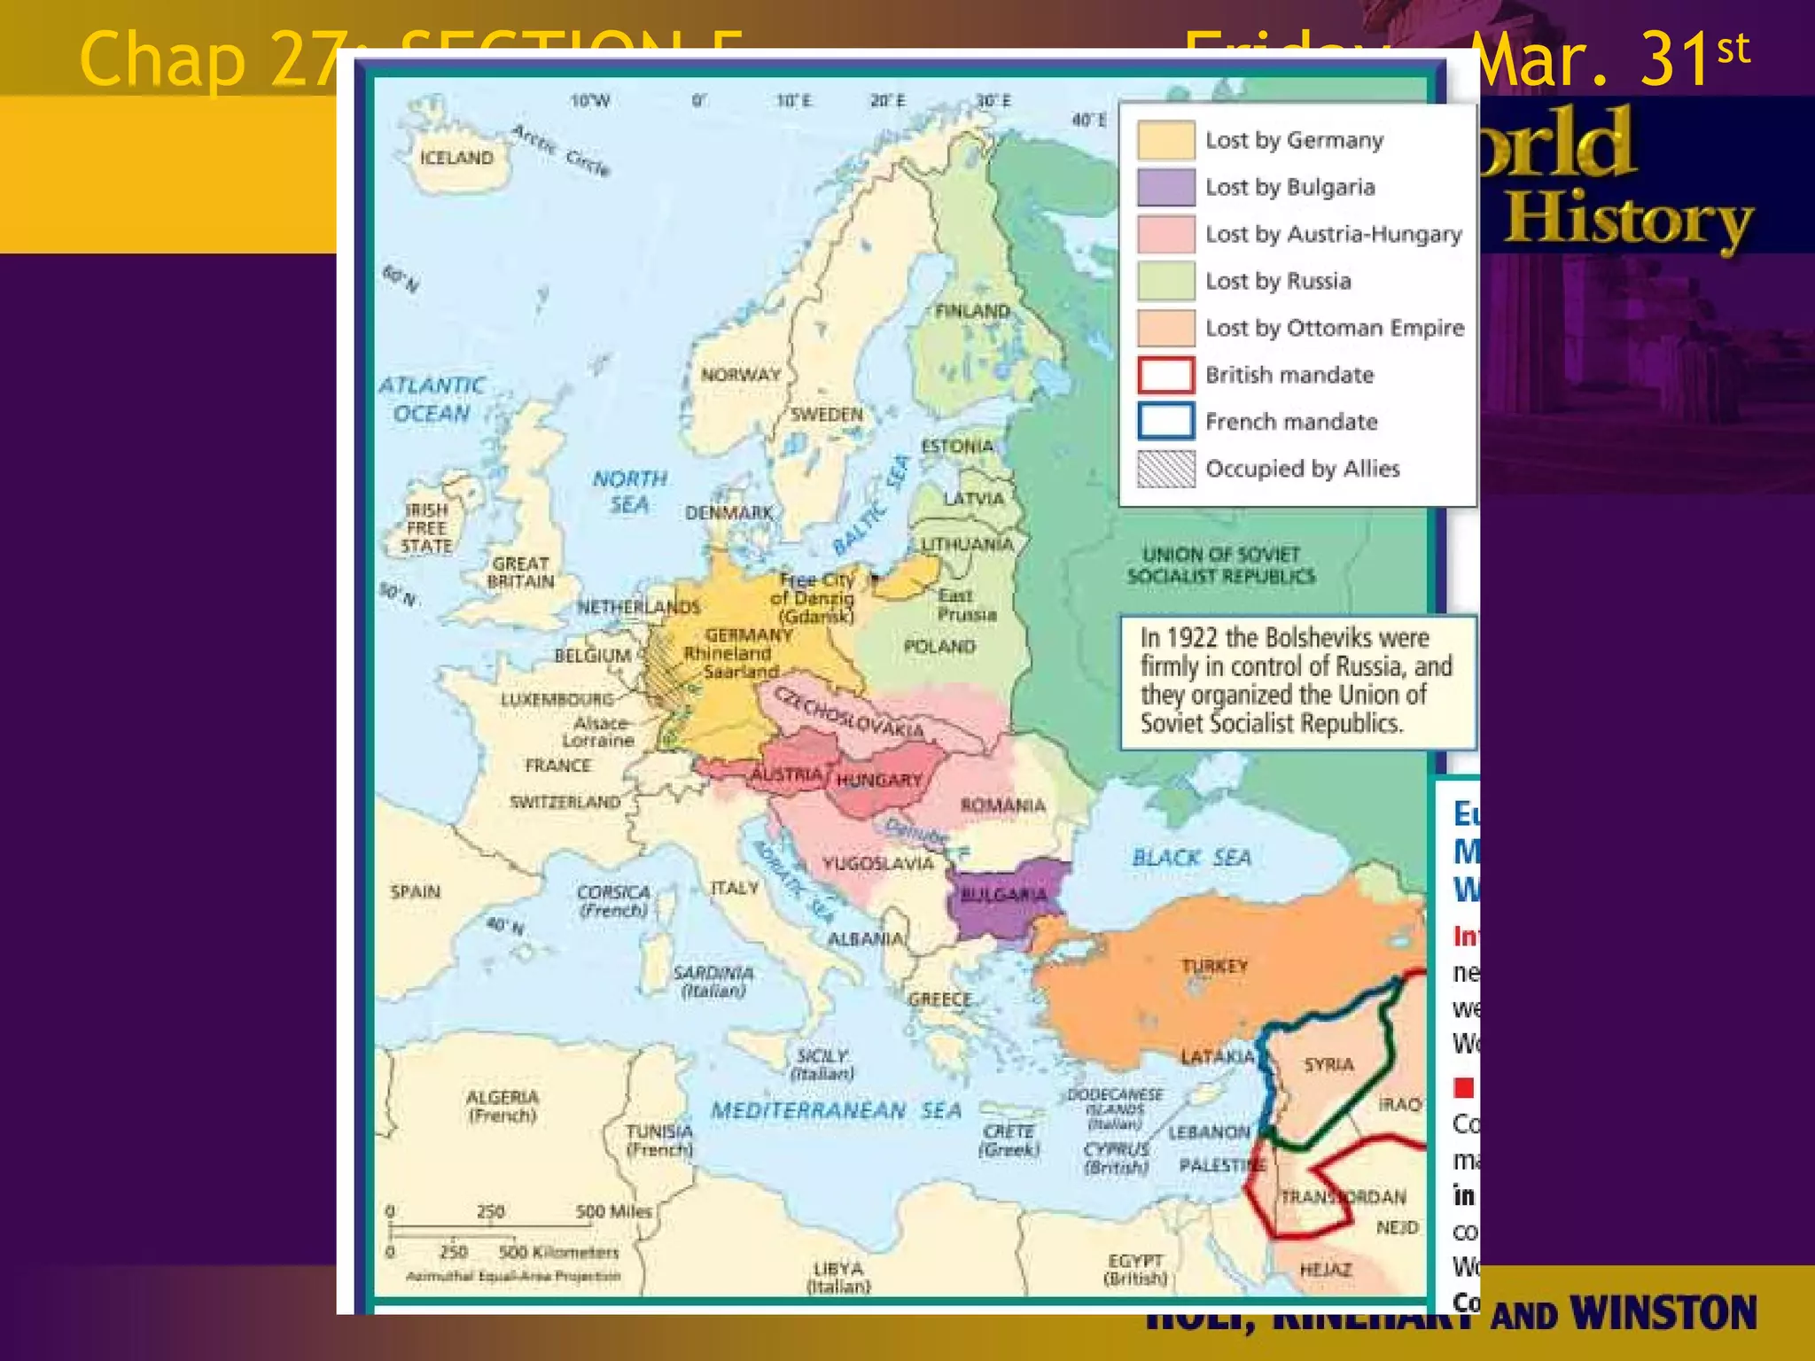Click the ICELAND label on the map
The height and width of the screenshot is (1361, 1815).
tap(456, 158)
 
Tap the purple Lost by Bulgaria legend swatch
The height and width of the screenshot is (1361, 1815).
tap(1165, 187)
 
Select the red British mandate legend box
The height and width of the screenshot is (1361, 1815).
tap(1165, 375)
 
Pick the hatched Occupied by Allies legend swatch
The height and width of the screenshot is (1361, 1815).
tap(1165, 469)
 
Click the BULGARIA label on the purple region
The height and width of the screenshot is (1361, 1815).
tap(1004, 895)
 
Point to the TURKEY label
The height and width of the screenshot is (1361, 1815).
tap(1214, 965)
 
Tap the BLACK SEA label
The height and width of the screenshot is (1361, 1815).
tap(1191, 857)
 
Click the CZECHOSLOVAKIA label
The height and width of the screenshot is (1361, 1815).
tap(849, 712)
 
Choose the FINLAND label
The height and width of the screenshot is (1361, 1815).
tap(972, 311)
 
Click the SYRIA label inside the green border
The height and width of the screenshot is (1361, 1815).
tap(1328, 1064)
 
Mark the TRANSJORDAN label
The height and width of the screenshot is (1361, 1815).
tap(1343, 1197)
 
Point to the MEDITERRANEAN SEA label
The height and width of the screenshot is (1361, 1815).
tap(836, 1110)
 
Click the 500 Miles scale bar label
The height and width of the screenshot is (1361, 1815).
tap(613, 1211)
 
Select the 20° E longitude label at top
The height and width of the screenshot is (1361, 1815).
tap(887, 101)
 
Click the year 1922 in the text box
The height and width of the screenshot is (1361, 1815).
tap(1192, 638)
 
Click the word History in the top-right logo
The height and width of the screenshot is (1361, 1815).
tap(1629, 220)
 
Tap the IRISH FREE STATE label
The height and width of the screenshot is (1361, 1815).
tap(426, 528)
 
